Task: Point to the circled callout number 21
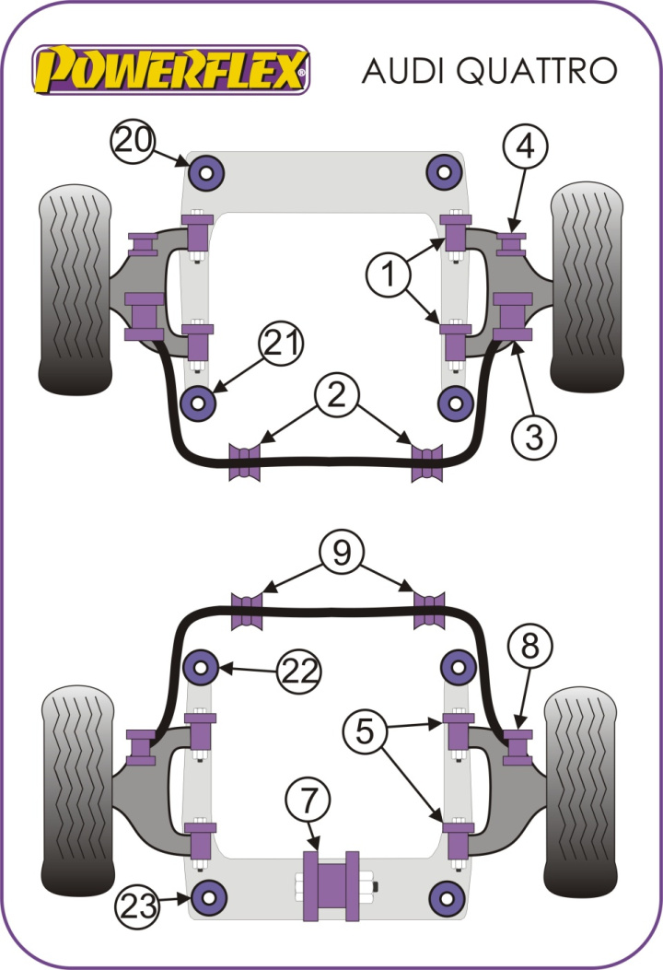click(283, 344)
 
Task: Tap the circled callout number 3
click(534, 437)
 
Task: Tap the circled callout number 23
click(138, 908)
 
